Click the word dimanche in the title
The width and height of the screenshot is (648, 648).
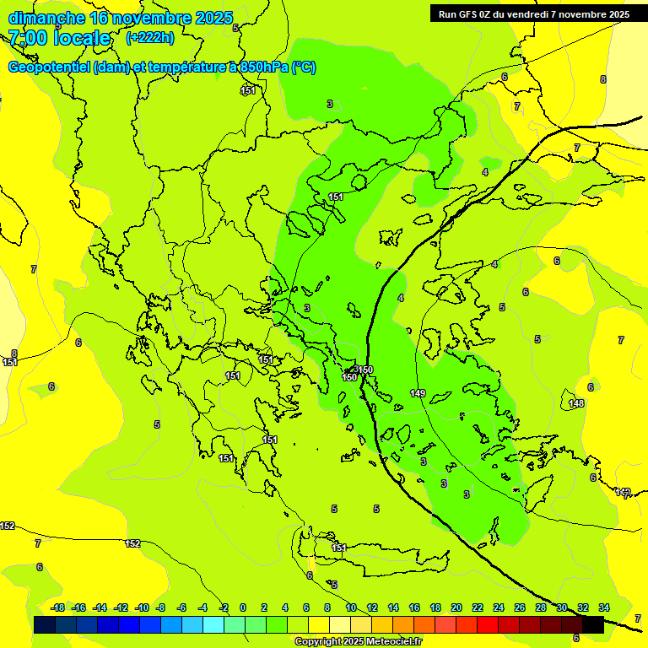[x=46, y=18]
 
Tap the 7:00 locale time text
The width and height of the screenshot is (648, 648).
[x=59, y=38]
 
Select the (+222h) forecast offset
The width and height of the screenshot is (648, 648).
[x=150, y=37]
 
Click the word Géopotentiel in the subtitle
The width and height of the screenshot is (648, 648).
[x=49, y=67]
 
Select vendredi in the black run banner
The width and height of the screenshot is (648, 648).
[x=528, y=13]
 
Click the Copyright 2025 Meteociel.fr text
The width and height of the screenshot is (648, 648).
[x=358, y=642]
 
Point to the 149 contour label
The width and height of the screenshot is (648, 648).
[x=418, y=394]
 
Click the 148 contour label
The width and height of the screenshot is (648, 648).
[x=576, y=403]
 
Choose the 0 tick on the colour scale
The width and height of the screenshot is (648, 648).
[x=243, y=607]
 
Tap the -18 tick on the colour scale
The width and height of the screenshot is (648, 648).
[x=58, y=607]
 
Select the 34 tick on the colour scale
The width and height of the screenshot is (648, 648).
[x=604, y=607]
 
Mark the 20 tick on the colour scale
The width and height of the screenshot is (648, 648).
[x=456, y=607]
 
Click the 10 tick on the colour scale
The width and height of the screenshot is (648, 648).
[x=351, y=607]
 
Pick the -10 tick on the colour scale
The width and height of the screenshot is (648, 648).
[x=142, y=607]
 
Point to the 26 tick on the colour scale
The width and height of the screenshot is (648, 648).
[x=520, y=607]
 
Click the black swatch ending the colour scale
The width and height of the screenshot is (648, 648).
[x=593, y=624]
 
